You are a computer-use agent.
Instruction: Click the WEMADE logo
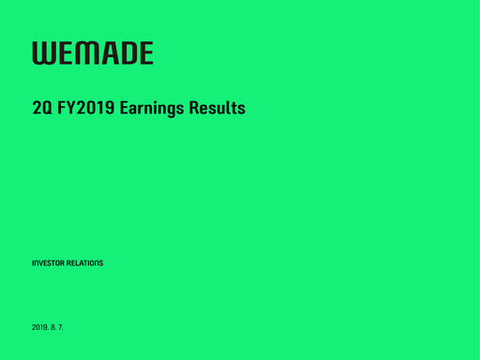[x=93, y=53]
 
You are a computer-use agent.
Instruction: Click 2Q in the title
[x=42, y=109]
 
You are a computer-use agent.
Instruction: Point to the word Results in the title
[x=219, y=109]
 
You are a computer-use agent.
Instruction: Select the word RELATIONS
[x=85, y=262]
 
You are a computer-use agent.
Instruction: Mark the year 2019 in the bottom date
[x=41, y=326]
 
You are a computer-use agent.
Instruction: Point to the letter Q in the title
[x=47, y=109]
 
